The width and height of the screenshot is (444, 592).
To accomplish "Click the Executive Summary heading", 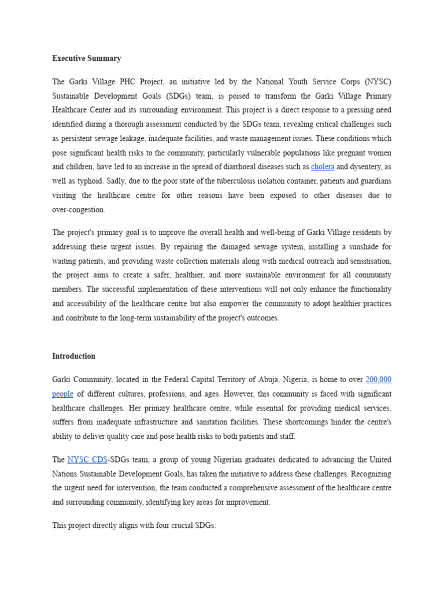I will (x=87, y=58).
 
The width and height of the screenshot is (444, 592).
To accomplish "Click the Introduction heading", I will (x=73, y=356).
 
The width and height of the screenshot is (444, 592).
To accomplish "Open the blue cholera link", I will (x=323, y=167).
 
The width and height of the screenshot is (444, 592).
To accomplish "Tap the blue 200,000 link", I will (x=379, y=380).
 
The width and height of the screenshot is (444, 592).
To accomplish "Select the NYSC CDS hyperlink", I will (x=87, y=460).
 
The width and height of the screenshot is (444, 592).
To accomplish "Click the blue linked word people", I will (x=62, y=394).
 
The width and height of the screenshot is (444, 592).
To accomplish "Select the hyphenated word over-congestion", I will (x=79, y=210).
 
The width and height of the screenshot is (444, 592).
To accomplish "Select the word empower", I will (x=256, y=304).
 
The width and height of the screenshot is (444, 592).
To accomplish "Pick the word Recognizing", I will (x=369, y=473).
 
